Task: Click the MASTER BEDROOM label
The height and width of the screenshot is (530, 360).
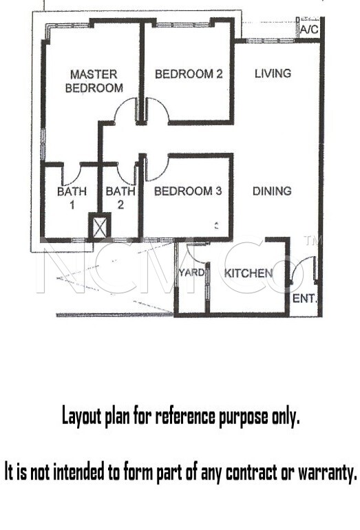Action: pos(94,81)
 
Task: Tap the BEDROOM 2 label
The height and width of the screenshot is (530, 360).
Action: pos(189,74)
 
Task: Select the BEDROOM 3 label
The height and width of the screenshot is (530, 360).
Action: pos(188,191)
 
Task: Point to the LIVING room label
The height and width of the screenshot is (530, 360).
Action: pos(273,74)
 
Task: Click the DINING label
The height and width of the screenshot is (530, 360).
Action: pos(272,191)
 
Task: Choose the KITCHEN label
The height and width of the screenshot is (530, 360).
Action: pos(248,273)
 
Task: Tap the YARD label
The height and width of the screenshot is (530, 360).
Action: pos(191,273)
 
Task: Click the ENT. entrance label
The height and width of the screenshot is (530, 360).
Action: pos(304,299)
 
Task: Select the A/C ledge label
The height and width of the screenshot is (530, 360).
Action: pos(309,30)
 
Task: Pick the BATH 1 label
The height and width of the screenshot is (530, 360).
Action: pos(72,198)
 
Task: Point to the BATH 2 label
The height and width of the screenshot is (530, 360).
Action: pos(120,198)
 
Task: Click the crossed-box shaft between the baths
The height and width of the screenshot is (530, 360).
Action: pos(99,225)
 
